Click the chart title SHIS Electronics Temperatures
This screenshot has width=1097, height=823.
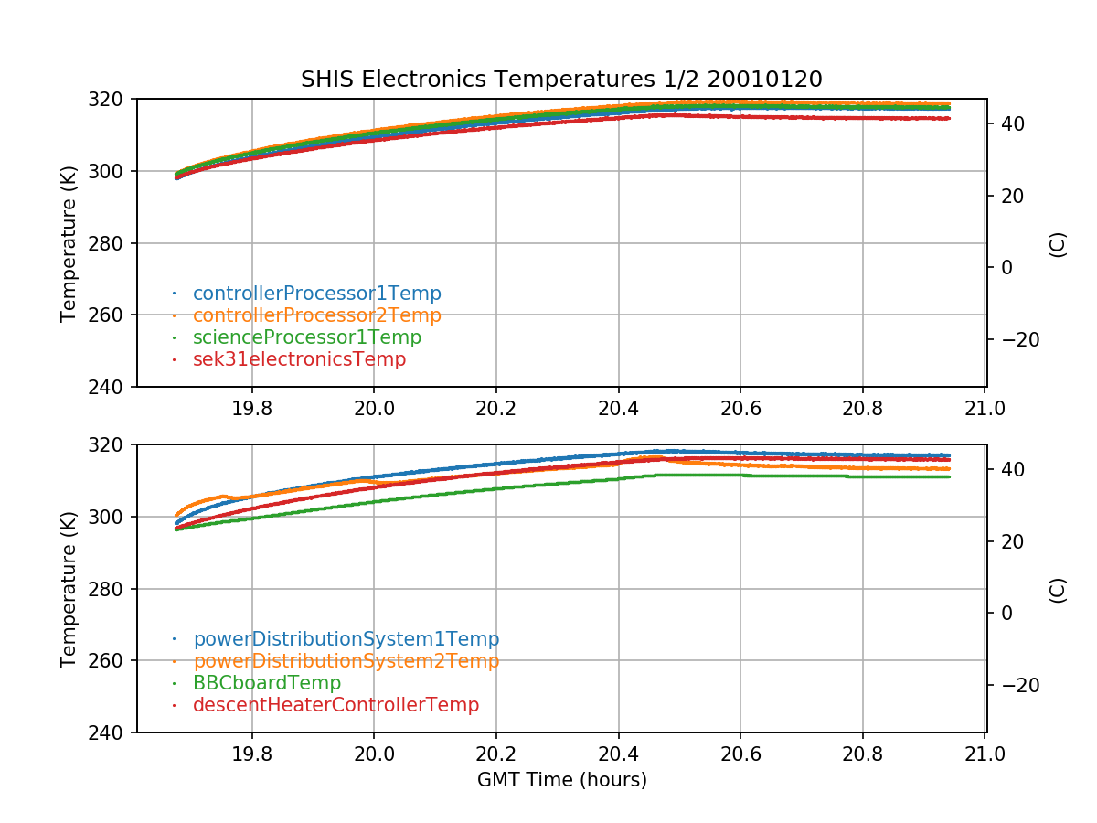(x=561, y=80)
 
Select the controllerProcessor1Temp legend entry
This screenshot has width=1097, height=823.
(x=316, y=294)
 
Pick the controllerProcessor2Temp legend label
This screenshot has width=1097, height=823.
(x=316, y=315)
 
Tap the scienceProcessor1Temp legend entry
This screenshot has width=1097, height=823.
(x=306, y=337)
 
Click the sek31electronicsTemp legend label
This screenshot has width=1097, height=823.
(x=299, y=359)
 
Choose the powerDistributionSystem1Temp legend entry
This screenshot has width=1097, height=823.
(x=346, y=639)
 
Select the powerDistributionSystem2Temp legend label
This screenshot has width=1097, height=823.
(x=346, y=661)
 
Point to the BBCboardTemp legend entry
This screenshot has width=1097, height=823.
(x=266, y=683)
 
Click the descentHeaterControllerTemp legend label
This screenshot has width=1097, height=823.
(x=335, y=705)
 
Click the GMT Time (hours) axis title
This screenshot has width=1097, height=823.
(x=561, y=780)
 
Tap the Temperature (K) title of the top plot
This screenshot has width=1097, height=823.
(x=69, y=242)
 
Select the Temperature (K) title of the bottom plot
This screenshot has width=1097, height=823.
(x=69, y=588)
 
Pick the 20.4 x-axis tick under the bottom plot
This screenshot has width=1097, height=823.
(x=618, y=754)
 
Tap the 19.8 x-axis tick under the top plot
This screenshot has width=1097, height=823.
(x=251, y=408)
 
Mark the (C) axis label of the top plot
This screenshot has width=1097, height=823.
(x=1058, y=244)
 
